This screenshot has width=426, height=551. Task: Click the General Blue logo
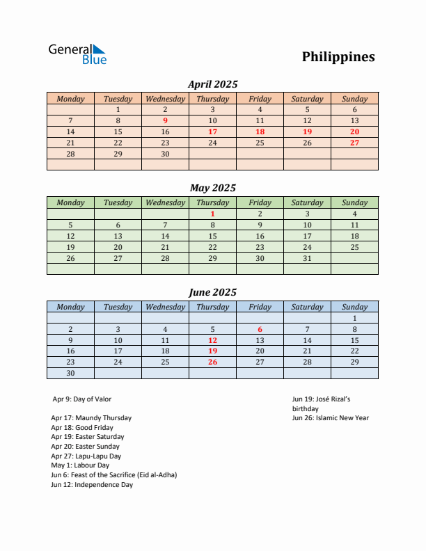pyautogui.click(x=77, y=54)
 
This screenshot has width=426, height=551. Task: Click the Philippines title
pyautogui.click(x=338, y=57)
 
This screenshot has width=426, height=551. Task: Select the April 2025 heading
pyautogui.click(x=213, y=84)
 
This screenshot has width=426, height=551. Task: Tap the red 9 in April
pyautogui.click(x=165, y=120)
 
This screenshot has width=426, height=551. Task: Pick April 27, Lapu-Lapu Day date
pyautogui.click(x=354, y=143)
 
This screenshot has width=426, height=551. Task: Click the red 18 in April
pyautogui.click(x=260, y=131)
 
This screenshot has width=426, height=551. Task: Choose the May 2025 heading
pyautogui.click(x=213, y=188)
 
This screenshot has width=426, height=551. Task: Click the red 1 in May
pyautogui.click(x=212, y=214)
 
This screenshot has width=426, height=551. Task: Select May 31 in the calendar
pyautogui.click(x=307, y=258)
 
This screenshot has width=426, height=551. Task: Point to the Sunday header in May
pyautogui.click(x=354, y=202)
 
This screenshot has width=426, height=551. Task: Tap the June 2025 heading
pyautogui.click(x=213, y=292)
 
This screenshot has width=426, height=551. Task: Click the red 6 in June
pyautogui.click(x=260, y=329)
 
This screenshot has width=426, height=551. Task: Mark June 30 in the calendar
pyautogui.click(x=70, y=374)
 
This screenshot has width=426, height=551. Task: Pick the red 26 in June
pyautogui.click(x=212, y=362)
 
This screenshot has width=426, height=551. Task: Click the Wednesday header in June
pyautogui.click(x=165, y=307)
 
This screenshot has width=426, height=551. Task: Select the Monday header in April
pyautogui.click(x=70, y=99)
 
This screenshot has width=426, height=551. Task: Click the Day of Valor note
pyautogui.click(x=81, y=399)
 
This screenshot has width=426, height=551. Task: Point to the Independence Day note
pyautogui.click(x=92, y=485)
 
